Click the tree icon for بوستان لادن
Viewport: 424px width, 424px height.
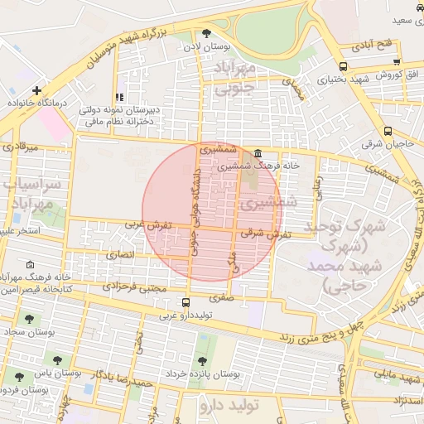(206, 33)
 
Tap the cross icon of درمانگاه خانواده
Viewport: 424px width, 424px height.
(36, 90)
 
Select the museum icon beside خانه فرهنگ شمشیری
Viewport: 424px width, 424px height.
(258, 153)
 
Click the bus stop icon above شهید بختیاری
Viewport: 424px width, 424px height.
(343, 66)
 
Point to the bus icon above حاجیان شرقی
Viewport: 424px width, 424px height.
(388, 131)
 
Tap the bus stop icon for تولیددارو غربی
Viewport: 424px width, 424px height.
(185, 302)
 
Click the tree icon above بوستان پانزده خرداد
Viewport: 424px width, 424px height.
(202, 360)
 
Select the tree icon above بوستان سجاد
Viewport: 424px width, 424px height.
(29, 319)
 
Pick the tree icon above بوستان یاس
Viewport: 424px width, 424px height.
(57, 360)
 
